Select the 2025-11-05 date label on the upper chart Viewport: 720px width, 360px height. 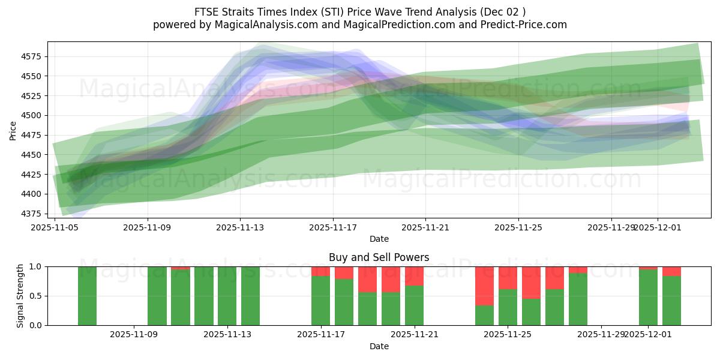(55, 227)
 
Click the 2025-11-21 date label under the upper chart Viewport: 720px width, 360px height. (425, 227)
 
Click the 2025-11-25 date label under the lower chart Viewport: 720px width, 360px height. (508, 335)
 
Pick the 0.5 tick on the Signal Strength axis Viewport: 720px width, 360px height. (35, 296)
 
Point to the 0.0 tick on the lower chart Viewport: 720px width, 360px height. (35, 325)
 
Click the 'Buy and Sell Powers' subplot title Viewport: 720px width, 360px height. (379, 257)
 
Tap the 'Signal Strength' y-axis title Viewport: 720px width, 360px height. (20, 296)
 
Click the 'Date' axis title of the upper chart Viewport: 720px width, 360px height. (379, 239)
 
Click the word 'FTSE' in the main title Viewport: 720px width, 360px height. (206, 12)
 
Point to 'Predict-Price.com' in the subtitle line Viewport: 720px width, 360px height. (526, 25)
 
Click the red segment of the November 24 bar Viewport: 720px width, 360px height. (484, 286)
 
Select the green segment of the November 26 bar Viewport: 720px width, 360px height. (531, 312)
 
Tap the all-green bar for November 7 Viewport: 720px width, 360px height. (87, 296)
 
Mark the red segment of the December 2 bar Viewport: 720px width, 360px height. (671, 271)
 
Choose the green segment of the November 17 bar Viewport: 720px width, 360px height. (320, 301)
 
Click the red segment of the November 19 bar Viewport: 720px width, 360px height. (367, 279)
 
